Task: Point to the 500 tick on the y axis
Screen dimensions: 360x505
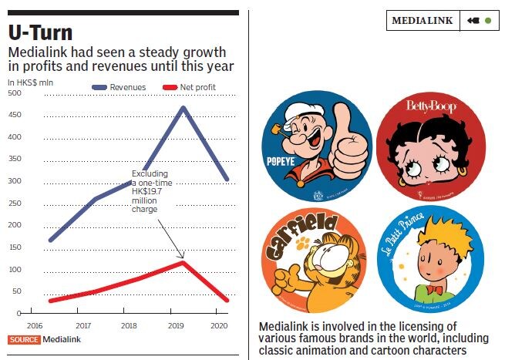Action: click(14, 94)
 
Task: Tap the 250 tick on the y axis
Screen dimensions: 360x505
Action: click(14, 204)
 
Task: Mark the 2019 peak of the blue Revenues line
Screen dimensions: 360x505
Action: click(183, 107)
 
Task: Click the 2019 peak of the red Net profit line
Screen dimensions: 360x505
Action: click(183, 263)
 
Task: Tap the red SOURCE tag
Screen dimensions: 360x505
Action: click(23, 339)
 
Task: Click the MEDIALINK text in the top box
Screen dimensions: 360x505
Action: click(422, 21)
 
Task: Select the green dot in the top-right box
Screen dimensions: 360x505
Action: click(487, 21)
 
